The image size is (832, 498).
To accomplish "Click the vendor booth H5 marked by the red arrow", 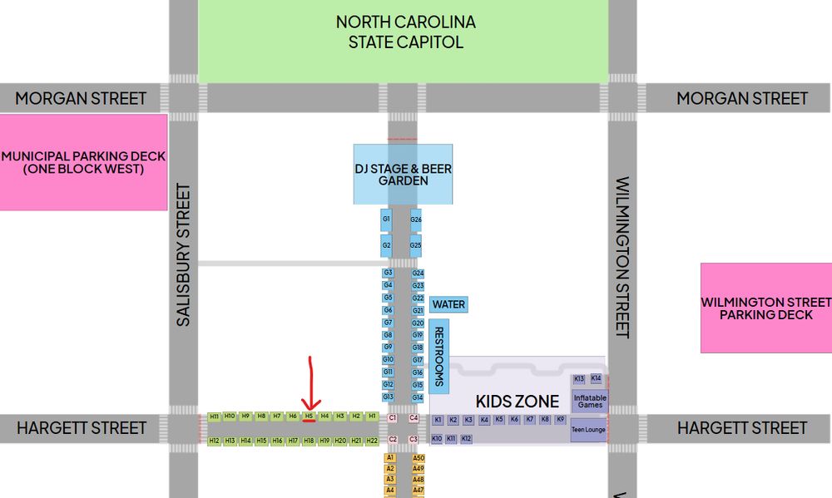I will click(309, 416).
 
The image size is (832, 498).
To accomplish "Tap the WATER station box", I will click(448, 304).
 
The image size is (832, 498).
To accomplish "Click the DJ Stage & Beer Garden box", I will click(404, 175).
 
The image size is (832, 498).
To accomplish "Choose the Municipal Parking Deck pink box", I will click(83, 162).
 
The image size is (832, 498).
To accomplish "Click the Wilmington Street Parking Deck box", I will click(765, 308).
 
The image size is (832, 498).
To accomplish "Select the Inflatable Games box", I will click(590, 402).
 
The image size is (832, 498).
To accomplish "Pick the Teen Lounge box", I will click(589, 430).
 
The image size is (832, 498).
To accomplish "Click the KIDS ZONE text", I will click(517, 402).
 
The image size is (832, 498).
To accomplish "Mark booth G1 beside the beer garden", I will click(387, 219).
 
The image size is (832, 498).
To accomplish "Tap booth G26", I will click(416, 219).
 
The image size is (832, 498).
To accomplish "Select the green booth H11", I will click(215, 416).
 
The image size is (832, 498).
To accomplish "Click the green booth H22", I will click(372, 441).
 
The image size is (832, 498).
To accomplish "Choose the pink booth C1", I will click(393, 417).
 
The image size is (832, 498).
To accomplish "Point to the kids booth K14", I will click(596, 379).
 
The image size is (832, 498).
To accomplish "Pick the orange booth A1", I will click(390, 458).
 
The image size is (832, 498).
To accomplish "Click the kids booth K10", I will click(437, 438).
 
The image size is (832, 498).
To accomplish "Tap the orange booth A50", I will click(418, 458).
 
